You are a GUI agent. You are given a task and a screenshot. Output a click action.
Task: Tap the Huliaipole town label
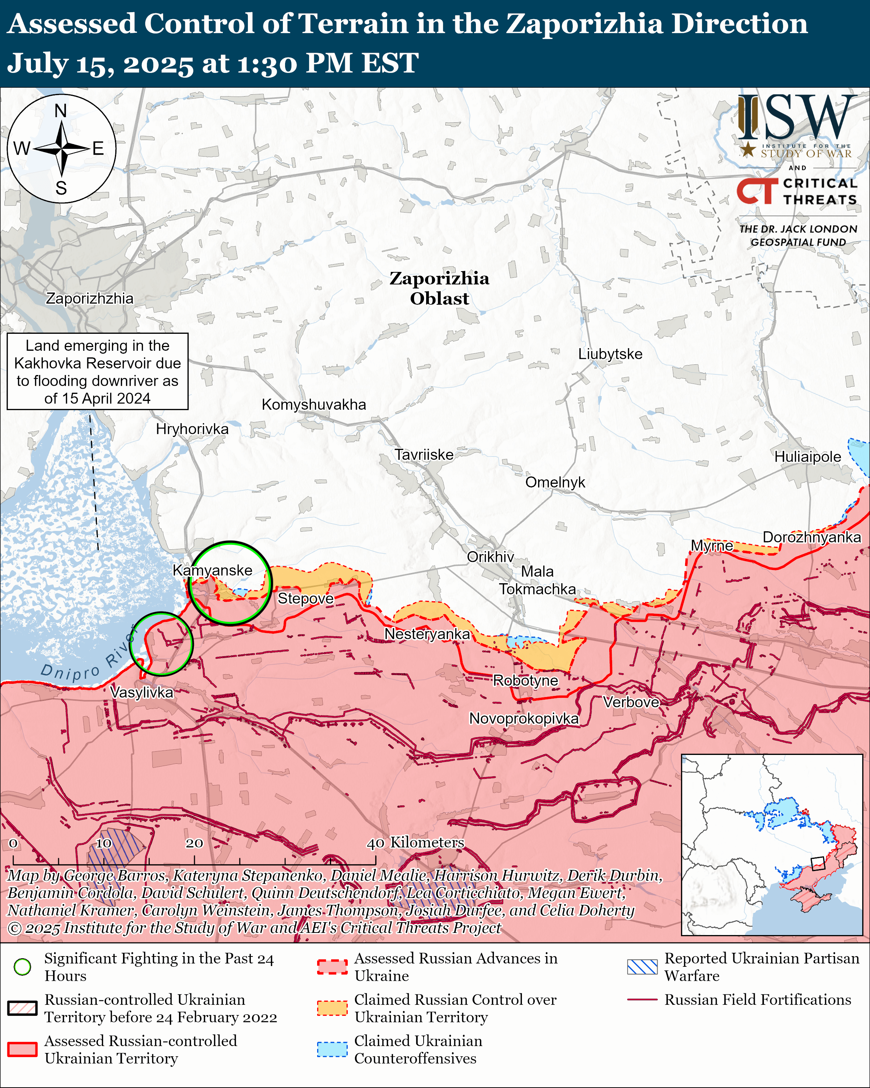(807, 457)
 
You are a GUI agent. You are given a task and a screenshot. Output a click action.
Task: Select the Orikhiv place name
(490, 557)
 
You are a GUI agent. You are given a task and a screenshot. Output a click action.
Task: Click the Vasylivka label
(142, 692)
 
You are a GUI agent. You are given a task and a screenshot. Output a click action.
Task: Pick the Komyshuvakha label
(314, 404)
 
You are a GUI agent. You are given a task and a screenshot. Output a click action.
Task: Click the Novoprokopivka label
(524, 718)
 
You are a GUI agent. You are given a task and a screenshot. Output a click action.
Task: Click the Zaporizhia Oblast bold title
(439, 288)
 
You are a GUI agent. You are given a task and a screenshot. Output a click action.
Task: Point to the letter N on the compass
(60, 111)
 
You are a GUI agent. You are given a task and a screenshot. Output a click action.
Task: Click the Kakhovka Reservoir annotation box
(97, 371)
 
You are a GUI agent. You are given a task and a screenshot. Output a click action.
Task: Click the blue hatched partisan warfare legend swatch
(642, 967)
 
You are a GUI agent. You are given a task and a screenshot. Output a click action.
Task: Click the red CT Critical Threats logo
(757, 191)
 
